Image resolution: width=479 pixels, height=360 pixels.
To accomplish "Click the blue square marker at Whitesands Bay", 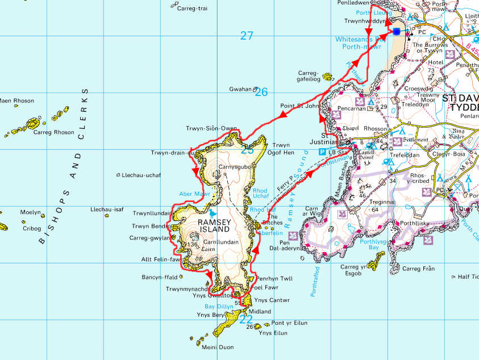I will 396,32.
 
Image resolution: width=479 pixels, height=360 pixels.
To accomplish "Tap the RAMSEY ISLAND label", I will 213,225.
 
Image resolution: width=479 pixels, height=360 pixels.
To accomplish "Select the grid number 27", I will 246,36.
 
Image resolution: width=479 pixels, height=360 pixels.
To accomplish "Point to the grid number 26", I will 261,91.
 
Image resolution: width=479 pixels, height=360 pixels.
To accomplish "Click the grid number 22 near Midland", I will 245,319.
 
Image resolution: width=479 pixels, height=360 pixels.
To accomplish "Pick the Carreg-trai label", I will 192,9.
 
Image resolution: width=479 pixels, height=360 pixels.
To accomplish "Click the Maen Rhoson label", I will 16,101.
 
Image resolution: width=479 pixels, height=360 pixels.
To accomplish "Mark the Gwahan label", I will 239,89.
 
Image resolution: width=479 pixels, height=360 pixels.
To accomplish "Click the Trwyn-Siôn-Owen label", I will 211,128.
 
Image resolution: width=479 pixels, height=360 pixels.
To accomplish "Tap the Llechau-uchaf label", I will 141,175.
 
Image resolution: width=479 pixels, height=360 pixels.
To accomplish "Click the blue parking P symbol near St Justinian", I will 322,152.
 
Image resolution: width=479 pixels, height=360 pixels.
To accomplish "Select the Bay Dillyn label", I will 219,306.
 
